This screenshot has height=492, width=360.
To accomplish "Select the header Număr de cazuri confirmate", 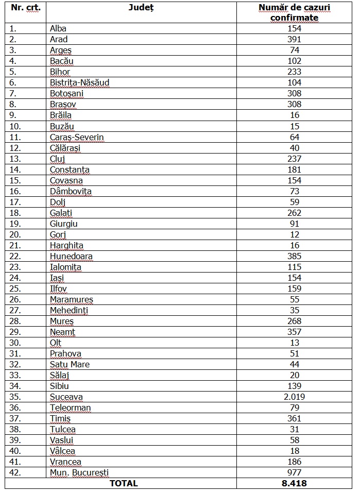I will tap(294, 13).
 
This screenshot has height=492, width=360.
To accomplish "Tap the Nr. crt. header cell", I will tap(25, 8).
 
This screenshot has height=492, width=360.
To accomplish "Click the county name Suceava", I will tap(66, 397).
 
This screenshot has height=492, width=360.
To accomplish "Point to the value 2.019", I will tap(294, 397).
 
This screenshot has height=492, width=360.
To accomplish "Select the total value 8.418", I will tap(294, 483).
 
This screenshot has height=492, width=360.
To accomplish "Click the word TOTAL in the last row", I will tap(123, 483).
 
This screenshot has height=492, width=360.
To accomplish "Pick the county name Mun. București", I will tap(79, 472).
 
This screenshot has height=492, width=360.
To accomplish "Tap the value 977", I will tap(294, 472).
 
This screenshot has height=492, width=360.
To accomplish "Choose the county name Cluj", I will tap(58, 159).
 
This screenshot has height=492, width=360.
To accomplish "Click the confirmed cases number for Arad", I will tap(294, 39).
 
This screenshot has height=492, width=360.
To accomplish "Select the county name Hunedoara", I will tap(71, 256).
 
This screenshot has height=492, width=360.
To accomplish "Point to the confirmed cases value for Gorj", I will tap(294, 234).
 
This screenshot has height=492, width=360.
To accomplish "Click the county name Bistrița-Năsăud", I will tap(79, 82).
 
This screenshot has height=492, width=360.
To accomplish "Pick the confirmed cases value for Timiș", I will tap(294, 418).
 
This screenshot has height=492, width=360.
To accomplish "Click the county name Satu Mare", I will tap(70, 364).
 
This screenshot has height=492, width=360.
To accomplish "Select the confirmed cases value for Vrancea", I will tap(294, 462).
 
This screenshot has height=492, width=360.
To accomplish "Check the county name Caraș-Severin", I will tap(77, 137).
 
